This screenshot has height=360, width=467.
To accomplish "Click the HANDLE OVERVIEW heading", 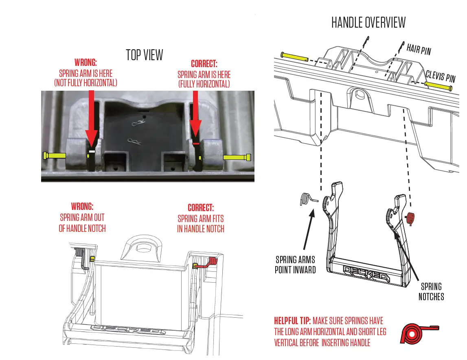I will click(x=368, y=22).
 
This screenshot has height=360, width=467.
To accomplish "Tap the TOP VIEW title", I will click(x=144, y=55).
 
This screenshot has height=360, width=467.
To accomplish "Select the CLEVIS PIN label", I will click(x=440, y=76).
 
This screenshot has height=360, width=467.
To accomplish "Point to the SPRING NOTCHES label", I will click(x=431, y=292).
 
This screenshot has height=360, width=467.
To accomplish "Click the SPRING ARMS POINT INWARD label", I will click(x=295, y=264).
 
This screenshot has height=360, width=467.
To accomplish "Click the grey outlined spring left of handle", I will click(x=306, y=199).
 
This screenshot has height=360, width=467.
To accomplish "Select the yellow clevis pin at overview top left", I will click(x=294, y=55).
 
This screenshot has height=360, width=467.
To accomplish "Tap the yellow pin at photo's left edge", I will click(x=54, y=155).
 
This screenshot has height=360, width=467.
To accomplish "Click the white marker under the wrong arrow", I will click(x=92, y=151).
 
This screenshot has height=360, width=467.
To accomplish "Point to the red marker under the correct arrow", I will click(x=196, y=144).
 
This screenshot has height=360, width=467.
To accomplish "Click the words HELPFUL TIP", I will click(x=292, y=321).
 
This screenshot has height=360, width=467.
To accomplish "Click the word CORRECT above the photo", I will click(x=204, y=64).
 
